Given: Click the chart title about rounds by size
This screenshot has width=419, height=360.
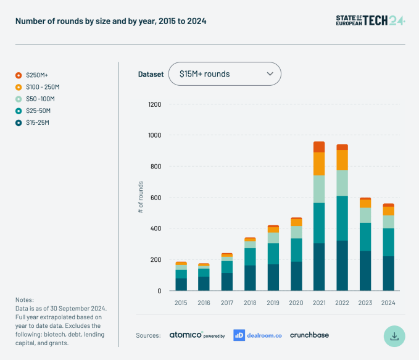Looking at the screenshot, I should coord(111,21).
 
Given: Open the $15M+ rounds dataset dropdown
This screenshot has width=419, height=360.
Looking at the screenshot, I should coord(225,74).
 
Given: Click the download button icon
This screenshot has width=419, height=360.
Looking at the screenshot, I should coord(394,336).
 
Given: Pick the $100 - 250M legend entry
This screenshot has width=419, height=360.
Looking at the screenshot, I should coord(43,86).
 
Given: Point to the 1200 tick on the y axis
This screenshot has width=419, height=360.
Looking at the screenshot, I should coord(154,104).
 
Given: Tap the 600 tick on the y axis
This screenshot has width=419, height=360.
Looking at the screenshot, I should coord(155,198).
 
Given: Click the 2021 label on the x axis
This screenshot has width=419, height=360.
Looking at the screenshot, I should coord(319,303).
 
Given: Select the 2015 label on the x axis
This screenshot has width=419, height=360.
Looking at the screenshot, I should coord(181,303).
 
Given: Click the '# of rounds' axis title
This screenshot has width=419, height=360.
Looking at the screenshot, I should coord(141,198).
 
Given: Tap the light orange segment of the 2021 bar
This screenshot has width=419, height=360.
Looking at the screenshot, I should coord(319,164).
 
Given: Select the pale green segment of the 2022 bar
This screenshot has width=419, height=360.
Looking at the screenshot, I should coord(342,183).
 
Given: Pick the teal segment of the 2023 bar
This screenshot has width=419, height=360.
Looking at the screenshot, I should coord(365,237).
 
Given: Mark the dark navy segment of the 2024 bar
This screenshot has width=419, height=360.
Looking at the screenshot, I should coord(388,274).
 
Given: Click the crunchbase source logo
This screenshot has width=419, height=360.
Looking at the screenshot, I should coord(309,335).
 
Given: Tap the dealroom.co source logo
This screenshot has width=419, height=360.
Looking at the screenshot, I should coord(257,335).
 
